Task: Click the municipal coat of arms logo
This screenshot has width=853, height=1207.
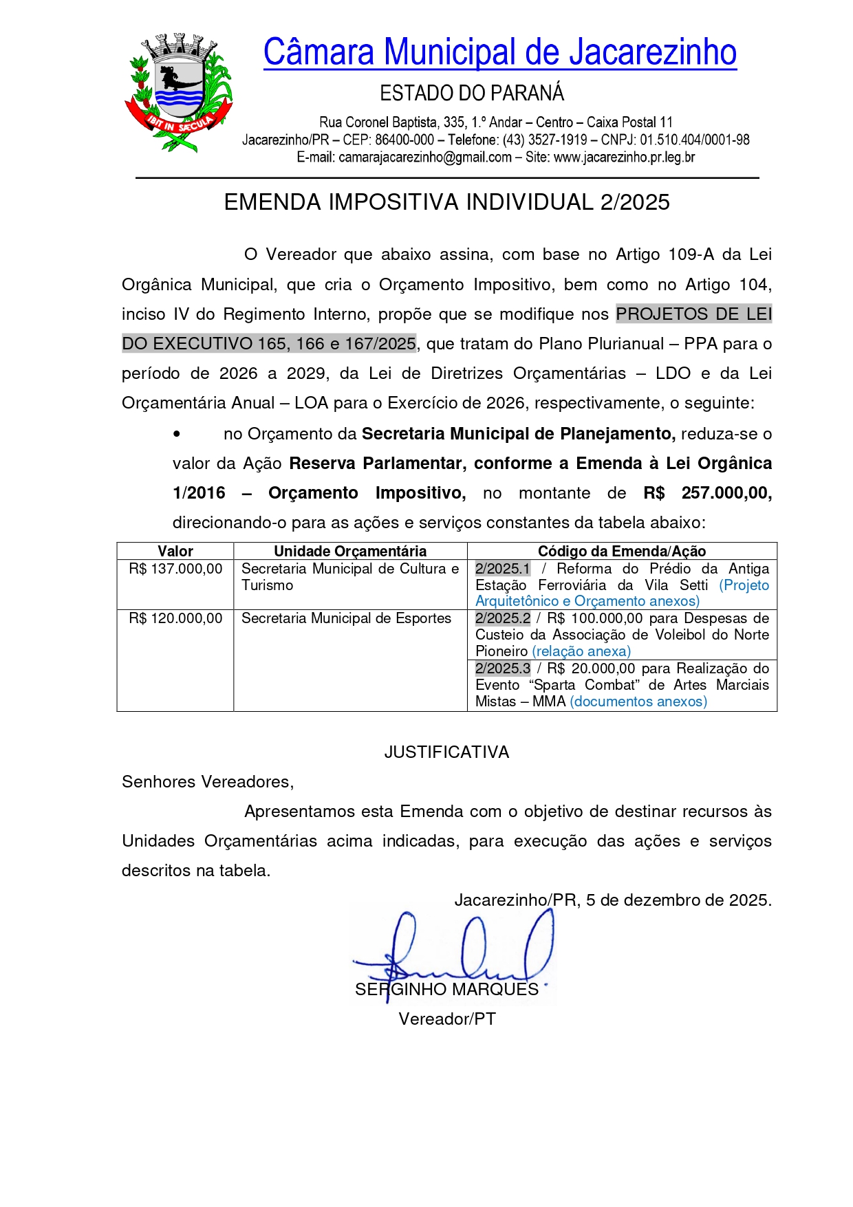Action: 178,92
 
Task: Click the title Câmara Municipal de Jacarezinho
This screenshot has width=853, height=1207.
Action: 499,52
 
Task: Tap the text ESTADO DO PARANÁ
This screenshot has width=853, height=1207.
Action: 472,93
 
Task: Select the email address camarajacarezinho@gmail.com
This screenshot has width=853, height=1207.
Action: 425,157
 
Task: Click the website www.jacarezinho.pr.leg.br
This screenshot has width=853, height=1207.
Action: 624,157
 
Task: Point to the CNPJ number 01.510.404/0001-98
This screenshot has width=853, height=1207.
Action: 695,140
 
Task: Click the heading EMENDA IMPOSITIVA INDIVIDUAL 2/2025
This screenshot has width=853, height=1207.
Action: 446,202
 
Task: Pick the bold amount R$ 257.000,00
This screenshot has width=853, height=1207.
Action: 707,493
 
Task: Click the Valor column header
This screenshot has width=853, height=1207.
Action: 175,551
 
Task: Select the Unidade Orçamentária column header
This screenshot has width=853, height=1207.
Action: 350,551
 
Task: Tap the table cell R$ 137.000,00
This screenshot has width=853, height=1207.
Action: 175,569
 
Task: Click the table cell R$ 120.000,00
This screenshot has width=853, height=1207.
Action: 175,618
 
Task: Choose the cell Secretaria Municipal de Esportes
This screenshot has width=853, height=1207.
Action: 346,618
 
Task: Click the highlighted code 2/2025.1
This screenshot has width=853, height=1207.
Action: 503,569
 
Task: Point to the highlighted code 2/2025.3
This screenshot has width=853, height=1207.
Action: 503,668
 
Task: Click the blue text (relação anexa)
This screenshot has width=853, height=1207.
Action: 581,651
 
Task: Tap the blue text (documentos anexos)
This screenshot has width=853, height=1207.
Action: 638,702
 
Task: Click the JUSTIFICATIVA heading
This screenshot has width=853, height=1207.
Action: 446,752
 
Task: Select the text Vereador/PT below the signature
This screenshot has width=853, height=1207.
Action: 447,1019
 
